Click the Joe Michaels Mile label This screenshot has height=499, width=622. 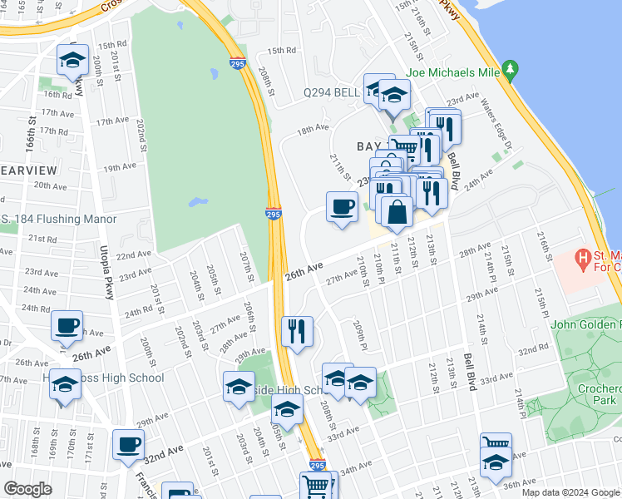[452, 73]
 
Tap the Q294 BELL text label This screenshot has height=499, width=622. [330, 92]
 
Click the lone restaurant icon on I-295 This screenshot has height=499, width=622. [296, 330]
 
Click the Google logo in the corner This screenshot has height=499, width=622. [27, 489]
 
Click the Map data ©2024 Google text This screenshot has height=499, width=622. [570, 492]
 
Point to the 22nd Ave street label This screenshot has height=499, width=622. [133, 254]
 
